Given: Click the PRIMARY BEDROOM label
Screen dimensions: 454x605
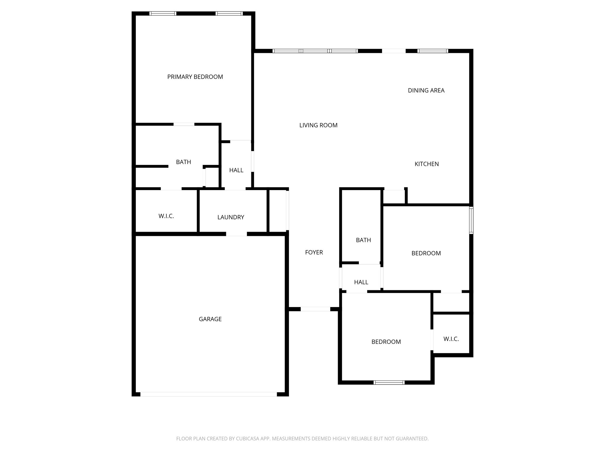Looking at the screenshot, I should tap(195, 77).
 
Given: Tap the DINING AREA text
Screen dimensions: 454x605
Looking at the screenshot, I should tap(426, 90).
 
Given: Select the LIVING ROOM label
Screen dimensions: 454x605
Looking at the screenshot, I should tap(318, 125).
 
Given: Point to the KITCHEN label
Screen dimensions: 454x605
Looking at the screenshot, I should tap(427, 164).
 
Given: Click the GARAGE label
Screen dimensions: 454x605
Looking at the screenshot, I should tap(210, 319).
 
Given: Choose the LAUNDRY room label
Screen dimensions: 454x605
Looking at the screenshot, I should tap(231, 217).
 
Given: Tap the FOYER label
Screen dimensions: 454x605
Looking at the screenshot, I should tap(314, 252).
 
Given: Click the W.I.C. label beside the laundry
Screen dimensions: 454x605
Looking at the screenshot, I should tap(166, 216).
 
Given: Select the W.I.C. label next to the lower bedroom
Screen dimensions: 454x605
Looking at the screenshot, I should tap(451, 339).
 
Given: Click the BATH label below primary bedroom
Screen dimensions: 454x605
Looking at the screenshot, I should tap(183, 162).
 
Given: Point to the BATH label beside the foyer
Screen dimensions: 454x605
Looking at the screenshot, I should tap(363, 240).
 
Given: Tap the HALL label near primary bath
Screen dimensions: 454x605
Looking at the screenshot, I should tap(236, 170).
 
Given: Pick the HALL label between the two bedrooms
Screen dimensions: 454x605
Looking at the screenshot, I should tap(361, 282).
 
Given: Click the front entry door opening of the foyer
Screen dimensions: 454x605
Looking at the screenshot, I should tap(315, 309).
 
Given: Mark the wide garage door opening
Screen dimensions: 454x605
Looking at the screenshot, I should tap(209, 394).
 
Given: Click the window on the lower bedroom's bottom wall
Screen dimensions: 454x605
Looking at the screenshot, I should tap(389, 382).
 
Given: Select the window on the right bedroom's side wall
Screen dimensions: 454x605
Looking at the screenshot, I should tap(471, 220).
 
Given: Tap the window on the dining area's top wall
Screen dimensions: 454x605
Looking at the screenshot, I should tap(432, 51).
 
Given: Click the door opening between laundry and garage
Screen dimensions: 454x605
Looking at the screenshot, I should tap(236, 234).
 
